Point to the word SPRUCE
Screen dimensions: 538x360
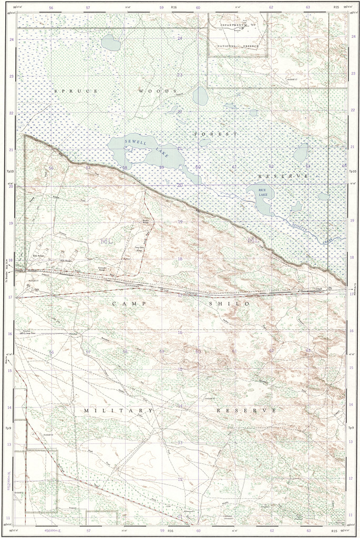(76, 91)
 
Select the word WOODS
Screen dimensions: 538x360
(157, 91)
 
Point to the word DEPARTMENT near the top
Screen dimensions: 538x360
(233, 25)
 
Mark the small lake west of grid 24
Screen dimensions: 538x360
(110, 42)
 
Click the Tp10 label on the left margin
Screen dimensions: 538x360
(9, 172)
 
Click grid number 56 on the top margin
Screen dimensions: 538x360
(51, 7)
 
